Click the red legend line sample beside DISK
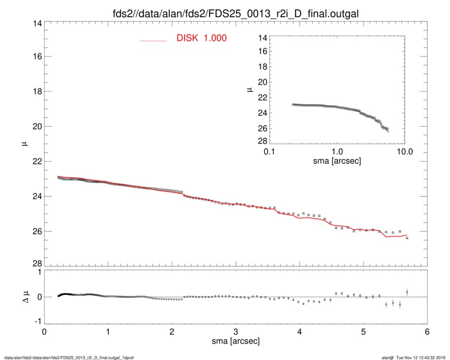click(154, 40)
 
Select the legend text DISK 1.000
click(201, 38)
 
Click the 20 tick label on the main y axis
click(34, 126)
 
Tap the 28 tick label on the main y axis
click(34, 263)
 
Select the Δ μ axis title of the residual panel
click(24, 296)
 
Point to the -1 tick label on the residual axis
click(36, 322)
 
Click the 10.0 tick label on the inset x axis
click(404, 152)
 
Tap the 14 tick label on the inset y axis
click(262, 38)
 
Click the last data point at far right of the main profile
click(407, 238)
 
